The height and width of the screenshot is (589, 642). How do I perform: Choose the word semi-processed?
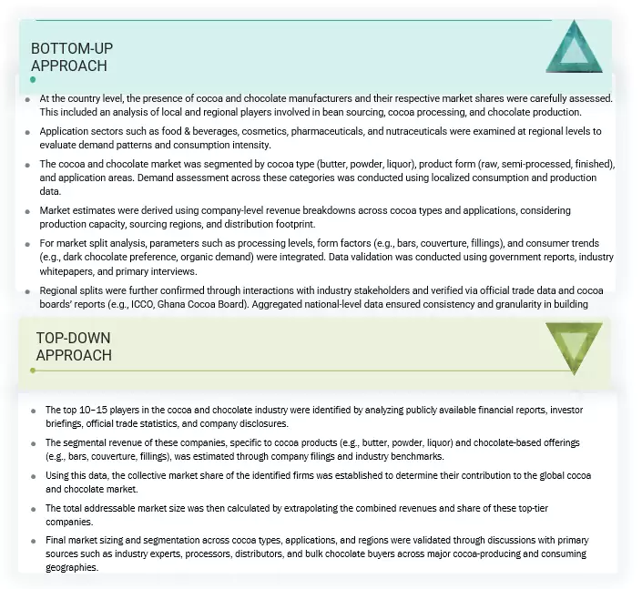480,165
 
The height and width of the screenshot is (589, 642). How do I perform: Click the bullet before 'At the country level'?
28,97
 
